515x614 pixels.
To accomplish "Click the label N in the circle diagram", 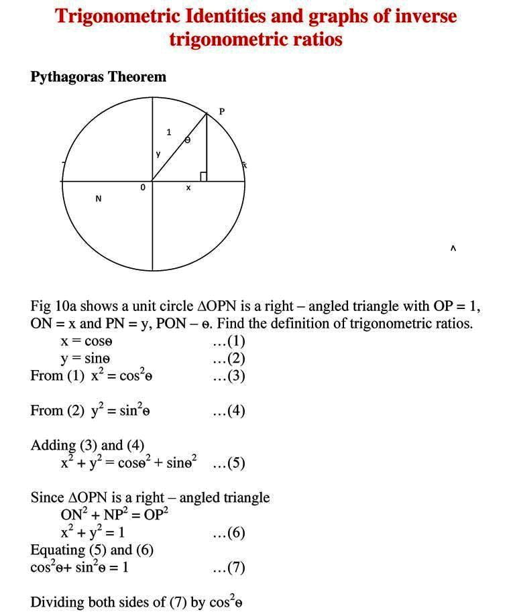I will (x=99, y=198).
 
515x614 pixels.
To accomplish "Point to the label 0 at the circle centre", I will (x=142, y=189).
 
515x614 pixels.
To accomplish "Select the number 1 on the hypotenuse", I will (x=168, y=132).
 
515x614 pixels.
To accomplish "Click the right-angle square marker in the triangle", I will (x=203, y=176).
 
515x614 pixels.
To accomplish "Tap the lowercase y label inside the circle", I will (x=158, y=154).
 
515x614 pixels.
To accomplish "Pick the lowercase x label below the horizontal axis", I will (x=188, y=188).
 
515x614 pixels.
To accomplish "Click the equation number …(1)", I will (x=229, y=341).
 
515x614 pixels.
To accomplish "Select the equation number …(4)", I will (x=229, y=410).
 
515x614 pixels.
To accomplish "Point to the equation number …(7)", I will (x=229, y=568).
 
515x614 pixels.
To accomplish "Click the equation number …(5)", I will (x=229, y=463).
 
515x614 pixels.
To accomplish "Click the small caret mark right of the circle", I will (x=453, y=249).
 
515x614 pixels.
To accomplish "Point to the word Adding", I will (x=53, y=445).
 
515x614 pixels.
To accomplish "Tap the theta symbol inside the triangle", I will (x=187, y=139).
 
